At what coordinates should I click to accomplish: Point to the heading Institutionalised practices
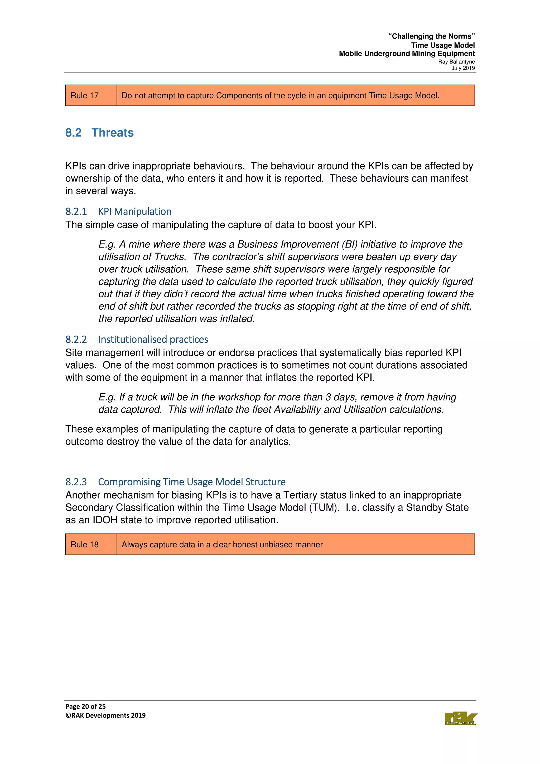(x=153, y=339)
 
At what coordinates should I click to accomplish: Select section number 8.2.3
(x=76, y=482)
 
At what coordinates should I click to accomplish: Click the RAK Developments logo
(x=460, y=718)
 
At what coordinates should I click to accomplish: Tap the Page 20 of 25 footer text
(x=85, y=706)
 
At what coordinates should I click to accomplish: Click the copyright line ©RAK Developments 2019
(x=105, y=715)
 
